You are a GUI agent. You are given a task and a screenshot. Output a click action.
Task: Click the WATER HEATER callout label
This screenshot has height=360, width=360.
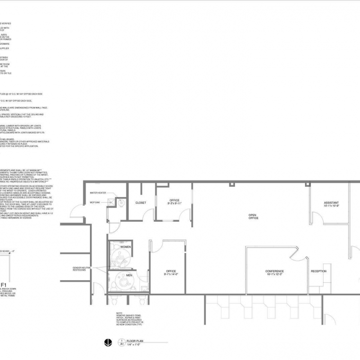tap(98, 193)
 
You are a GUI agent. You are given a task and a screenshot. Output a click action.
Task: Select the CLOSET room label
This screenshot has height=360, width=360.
tap(140, 203)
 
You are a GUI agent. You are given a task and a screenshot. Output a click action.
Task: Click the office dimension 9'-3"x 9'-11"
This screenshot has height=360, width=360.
tap(174, 204)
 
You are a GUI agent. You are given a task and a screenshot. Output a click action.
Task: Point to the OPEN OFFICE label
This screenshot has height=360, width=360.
tap(253, 217)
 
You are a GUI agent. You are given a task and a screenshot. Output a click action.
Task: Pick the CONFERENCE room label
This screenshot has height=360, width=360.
tap(274, 271)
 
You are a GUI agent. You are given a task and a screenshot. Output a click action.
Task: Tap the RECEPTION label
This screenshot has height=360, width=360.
tap(318, 271)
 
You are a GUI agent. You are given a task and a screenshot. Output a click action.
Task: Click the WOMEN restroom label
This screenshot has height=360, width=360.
tap(125, 247)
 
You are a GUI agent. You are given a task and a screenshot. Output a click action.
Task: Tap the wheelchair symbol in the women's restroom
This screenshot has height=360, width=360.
tap(118, 260)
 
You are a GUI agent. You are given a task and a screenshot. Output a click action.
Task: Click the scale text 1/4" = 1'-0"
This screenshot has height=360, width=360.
tap(134, 344)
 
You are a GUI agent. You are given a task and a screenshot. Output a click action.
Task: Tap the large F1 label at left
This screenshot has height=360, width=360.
tap(4, 284)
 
